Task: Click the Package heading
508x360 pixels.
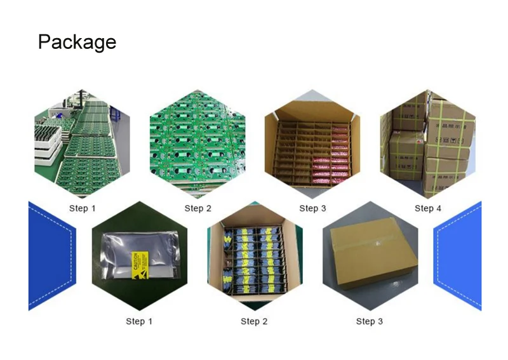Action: pyautogui.click(x=77, y=42)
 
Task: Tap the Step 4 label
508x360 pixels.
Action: pyautogui.click(x=427, y=208)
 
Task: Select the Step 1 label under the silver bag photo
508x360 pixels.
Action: pyautogui.click(x=139, y=321)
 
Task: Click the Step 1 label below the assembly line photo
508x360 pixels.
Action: pyautogui.click(x=83, y=208)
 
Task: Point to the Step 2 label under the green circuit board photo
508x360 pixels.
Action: pyautogui.click(x=197, y=208)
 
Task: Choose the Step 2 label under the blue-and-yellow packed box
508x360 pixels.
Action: pyautogui.click(x=254, y=321)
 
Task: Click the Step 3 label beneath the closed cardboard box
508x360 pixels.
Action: pyautogui.click(x=369, y=321)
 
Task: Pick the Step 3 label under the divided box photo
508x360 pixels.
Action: pyautogui.click(x=312, y=208)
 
